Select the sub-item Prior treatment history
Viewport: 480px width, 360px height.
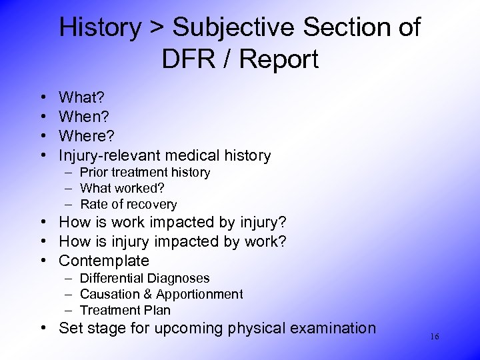tap(145, 173)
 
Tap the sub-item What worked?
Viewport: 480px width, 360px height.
tap(123, 189)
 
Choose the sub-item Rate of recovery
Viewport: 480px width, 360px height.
tap(128, 205)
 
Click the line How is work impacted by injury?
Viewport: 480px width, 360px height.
tap(173, 223)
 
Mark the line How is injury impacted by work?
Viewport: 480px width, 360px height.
tap(173, 241)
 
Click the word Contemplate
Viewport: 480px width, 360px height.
tap(103, 261)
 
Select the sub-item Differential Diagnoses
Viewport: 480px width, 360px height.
tap(145, 278)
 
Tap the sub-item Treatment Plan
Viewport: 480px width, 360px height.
tap(125, 310)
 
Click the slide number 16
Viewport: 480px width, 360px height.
tap(434, 337)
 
